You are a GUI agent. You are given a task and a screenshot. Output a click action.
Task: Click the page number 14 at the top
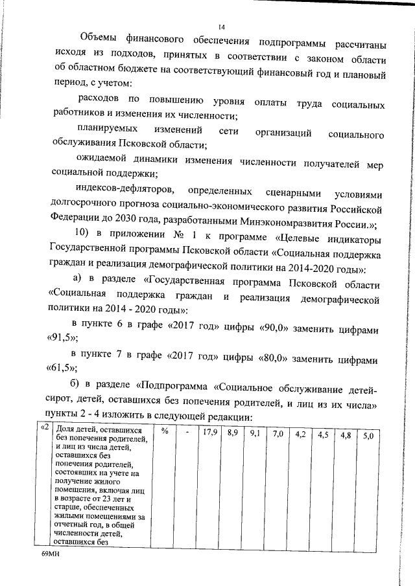pos(222,27)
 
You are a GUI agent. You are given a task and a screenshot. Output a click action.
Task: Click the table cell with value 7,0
pos(278,433)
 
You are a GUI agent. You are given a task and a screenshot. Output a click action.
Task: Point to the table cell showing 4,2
pos(300,434)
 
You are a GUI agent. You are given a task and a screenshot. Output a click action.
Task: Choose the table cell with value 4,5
pos(323,434)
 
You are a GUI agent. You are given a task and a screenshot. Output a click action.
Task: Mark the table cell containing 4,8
pos(346,435)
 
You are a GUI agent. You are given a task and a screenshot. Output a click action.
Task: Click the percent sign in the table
pos(165,432)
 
